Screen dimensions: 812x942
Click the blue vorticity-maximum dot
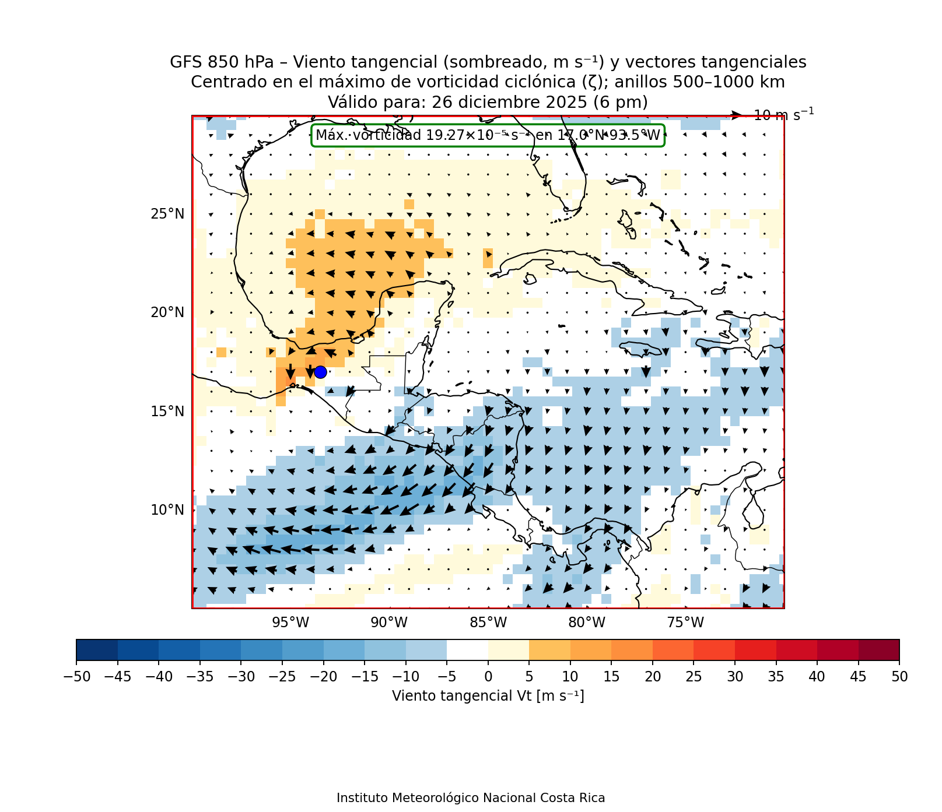[320, 372]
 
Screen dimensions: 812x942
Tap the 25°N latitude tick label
[167, 214]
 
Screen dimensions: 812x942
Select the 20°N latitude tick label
[167, 312]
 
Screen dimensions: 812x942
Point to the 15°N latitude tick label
[167, 412]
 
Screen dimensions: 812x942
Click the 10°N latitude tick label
[167, 510]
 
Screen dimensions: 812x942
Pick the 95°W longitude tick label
[290, 623]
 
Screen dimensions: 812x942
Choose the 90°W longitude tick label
[389, 623]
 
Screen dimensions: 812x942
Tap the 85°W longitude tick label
[488, 623]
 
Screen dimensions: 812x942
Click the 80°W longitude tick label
[587, 623]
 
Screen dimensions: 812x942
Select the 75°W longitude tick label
[685, 623]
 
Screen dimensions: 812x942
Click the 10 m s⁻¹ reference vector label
[783, 115]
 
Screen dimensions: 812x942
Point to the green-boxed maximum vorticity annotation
[488, 135]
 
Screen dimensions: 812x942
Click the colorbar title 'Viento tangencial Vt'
[488, 696]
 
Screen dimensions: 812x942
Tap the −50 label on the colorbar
[76, 677]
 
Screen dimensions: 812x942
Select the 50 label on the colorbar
[899, 677]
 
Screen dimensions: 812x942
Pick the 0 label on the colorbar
[488, 677]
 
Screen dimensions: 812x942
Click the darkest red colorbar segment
[878, 650]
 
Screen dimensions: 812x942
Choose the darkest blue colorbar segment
[97, 650]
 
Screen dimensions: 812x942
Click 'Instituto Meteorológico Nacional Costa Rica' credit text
[471, 798]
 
